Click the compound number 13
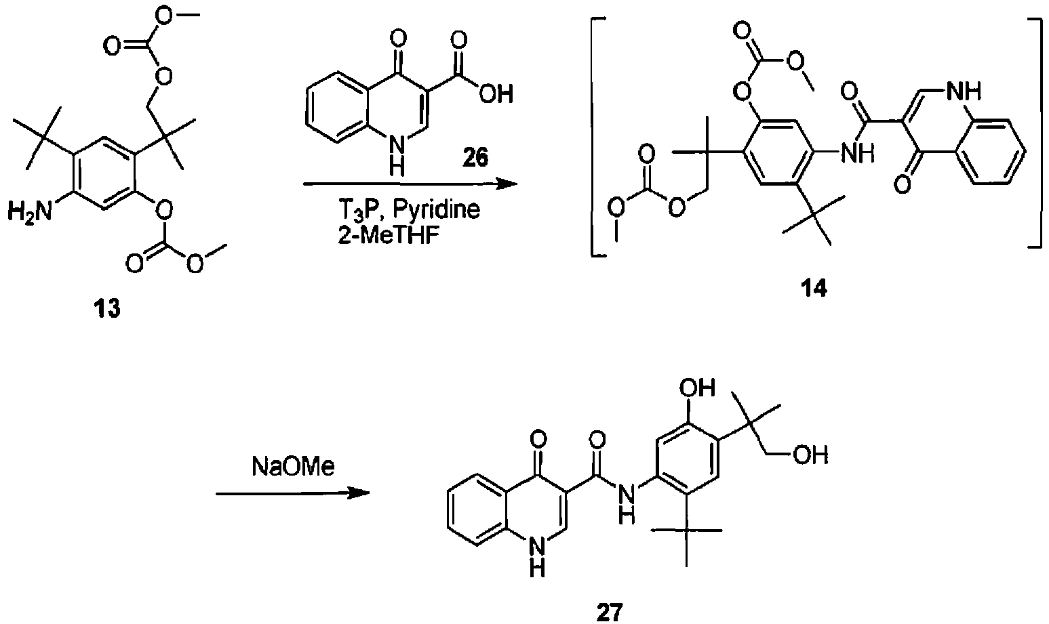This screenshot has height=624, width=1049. (x=107, y=309)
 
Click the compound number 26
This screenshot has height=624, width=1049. (x=475, y=158)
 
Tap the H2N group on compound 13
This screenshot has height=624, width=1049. (x=29, y=213)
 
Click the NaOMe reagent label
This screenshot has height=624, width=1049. (x=293, y=466)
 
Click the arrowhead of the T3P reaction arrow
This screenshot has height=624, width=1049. (x=507, y=184)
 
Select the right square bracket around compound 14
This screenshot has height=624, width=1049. (x=1036, y=133)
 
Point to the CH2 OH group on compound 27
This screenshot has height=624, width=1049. (x=811, y=455)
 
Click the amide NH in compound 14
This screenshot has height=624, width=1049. (x=858, y=153)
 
